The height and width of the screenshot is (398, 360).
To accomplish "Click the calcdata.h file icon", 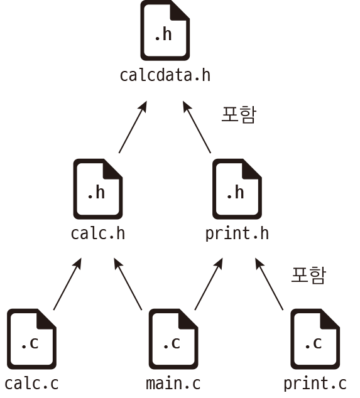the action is pos(165,31).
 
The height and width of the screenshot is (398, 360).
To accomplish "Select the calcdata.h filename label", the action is pos(165,75).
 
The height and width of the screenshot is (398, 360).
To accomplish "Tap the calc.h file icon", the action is pos(98,189).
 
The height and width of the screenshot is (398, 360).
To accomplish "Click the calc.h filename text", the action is pos(98,234).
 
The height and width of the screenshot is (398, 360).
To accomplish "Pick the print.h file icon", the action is pos(237,189).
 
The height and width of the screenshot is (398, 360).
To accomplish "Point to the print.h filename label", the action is pos(237,234).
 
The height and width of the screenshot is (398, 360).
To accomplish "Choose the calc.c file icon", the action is pos(31,339).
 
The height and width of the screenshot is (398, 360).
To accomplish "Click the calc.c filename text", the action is pos(31,384).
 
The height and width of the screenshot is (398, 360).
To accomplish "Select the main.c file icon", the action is pos(173,339).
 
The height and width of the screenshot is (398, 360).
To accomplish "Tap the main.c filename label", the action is pos(173,384).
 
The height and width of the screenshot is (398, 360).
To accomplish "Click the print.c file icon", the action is pos(315,339).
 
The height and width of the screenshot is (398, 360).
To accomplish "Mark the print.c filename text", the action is pos(315,384).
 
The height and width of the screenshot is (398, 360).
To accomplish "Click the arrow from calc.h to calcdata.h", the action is pos(133,127).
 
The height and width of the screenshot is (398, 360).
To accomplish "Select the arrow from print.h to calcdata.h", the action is pos(197,127).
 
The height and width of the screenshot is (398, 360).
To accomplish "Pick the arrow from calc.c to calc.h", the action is pos(68,284).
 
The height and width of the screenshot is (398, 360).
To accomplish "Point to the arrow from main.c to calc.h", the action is pos(128,284).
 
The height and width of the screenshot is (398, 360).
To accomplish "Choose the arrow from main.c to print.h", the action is pos(209,284).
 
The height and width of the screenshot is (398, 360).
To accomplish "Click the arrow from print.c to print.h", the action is pos(269,284).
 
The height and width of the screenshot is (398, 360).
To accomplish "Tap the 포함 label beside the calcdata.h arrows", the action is pos(239,115).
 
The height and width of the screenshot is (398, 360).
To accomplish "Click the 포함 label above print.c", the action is pos(308,275).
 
